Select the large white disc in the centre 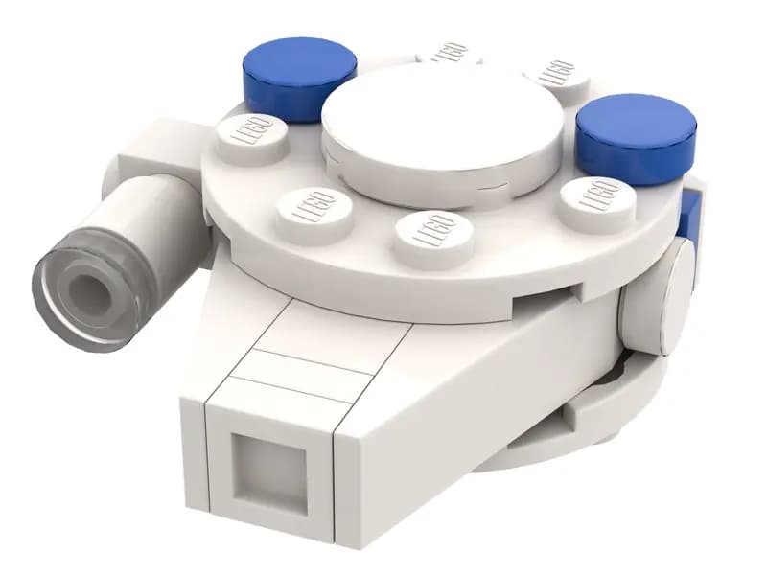(442, 129)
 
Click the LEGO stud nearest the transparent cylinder (251, 137)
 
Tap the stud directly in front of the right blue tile (597, 202)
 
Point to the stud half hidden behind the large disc (451, 53)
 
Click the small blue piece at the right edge (688, 217)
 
